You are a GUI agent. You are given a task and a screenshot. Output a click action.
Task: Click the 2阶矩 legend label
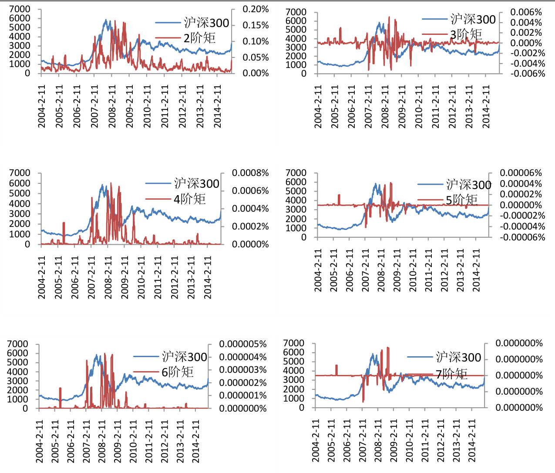coord(199,38)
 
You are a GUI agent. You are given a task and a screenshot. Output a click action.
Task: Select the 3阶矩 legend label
coord(466,34)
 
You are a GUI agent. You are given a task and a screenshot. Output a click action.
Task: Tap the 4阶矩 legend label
coord(189,199)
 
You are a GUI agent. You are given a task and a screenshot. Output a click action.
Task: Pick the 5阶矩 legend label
coord(461,200)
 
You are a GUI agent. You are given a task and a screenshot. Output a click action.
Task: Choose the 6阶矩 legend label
coord(177,372)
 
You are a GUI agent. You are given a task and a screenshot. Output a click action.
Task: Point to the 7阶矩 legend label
coord(451,374)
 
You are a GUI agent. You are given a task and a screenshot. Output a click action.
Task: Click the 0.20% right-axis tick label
coord(256,9)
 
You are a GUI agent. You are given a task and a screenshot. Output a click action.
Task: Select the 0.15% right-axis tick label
coord(256,25)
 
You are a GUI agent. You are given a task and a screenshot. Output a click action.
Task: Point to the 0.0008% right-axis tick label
coord(250,173)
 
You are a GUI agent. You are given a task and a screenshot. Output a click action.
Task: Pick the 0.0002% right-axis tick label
coord(250,226)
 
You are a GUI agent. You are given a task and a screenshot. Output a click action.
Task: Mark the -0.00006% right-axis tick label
coord(522,237)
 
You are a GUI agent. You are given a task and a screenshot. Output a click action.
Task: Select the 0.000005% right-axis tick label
coord(243,344)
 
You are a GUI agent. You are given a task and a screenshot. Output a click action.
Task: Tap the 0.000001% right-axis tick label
coord(243,395)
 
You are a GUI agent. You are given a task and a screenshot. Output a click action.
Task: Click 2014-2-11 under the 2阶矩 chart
coord(217,106)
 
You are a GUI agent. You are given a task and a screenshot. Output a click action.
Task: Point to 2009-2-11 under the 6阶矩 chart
coord(118,441)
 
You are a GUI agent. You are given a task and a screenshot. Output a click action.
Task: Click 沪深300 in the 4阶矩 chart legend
coord(197,184)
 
